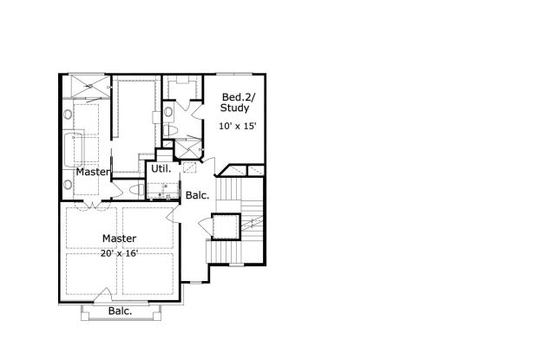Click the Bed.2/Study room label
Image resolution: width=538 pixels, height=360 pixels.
(235, 102)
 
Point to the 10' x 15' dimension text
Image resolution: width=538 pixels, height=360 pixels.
(237, 127)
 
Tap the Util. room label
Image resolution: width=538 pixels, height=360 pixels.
(161, 169)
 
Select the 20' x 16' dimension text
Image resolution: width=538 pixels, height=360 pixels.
(120, 252)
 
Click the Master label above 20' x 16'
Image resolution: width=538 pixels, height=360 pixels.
(119, 238)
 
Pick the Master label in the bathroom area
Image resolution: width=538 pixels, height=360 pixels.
(93, 172)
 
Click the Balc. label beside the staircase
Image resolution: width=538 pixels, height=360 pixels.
(197, 196)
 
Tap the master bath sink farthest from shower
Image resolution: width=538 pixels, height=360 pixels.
(68, 183)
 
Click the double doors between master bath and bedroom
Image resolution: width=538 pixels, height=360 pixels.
(91, 206)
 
